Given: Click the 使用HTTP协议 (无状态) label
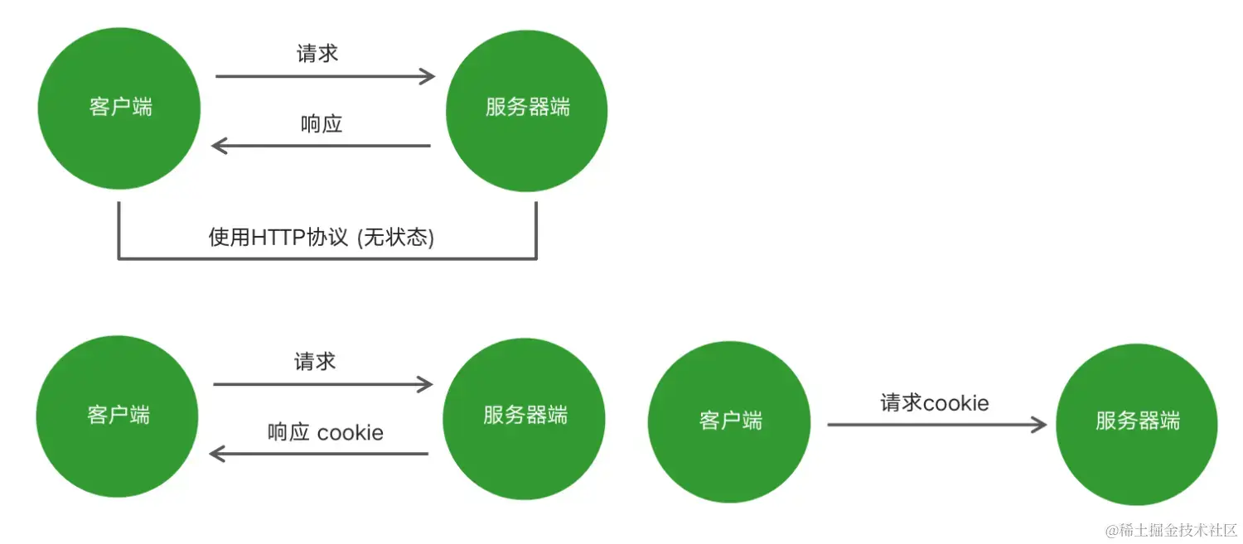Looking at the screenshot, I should point(322,238).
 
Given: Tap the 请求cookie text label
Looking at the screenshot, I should point(935,403).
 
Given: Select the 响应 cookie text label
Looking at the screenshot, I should point(326,432).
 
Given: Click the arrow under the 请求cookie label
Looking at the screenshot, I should point(936,425).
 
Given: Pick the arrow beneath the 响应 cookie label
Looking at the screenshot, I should point(319,454).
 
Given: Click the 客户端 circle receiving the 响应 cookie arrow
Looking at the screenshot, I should point(118,416).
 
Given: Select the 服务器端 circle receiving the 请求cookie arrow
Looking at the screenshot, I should point(1137,421).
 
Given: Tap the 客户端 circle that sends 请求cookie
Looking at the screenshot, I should point(729,421).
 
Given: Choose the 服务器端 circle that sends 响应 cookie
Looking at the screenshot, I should point(525,416).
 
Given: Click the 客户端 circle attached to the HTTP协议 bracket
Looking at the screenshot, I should point(119,108).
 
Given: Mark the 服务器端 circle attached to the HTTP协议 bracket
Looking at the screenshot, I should point(527,108).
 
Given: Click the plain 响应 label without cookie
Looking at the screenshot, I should point(322,125).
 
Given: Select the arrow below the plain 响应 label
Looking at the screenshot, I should point(322,147).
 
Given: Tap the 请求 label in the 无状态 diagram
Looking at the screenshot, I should point(317,54).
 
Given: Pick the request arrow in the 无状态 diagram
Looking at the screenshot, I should point(325,77).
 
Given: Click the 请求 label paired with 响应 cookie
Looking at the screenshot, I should point(315,362).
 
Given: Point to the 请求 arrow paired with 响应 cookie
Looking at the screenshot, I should point(323,384).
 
